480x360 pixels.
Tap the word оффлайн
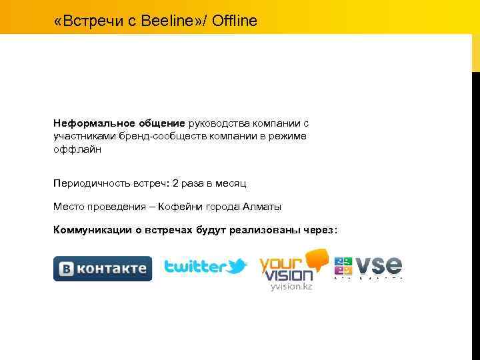click(75, 149)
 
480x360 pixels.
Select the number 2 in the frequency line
click(175, 183)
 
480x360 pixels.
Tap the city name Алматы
click(262, 207)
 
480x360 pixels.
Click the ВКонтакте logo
click(103, 269)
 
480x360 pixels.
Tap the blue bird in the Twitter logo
click(236, 267)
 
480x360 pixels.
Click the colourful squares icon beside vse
click(343, 266)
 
